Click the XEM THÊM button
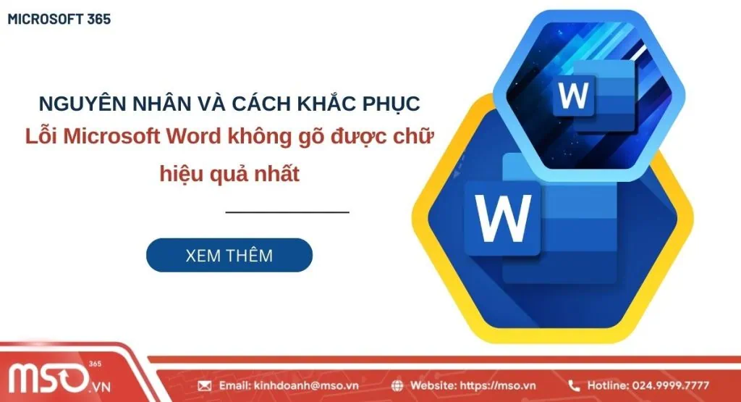[229, 255]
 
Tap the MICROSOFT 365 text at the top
[59, 20]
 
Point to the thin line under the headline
[287, 212]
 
